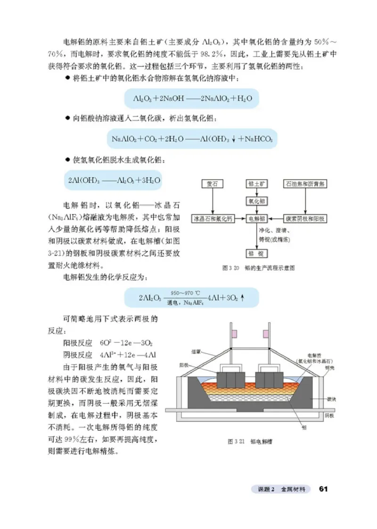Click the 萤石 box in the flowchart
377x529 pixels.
212,184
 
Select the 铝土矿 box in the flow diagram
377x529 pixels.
257,184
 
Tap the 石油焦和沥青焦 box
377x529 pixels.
305,184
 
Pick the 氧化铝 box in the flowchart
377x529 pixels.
257,201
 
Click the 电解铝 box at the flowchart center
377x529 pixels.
257,219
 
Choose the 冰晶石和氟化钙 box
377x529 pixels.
212,219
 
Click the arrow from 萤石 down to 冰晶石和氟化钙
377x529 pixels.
212,201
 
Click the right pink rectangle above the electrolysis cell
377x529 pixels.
267,334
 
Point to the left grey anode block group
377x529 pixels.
229,380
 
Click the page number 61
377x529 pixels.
323,488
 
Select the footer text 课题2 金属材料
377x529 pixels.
281,489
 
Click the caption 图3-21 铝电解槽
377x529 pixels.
250,442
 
